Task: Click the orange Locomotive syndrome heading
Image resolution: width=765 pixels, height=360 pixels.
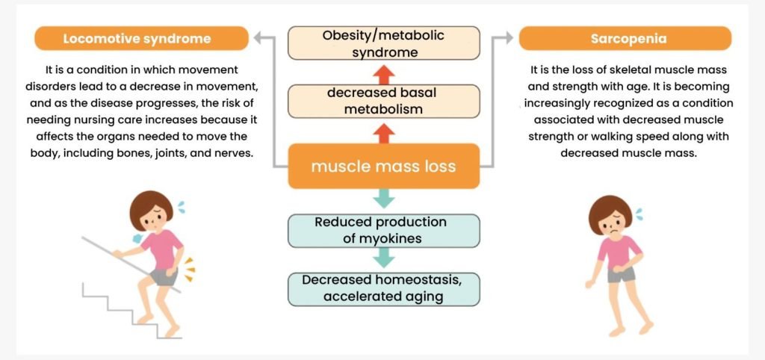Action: click(x=141, y=38)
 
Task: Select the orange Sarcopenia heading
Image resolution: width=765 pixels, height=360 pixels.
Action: click(x=626, y=38)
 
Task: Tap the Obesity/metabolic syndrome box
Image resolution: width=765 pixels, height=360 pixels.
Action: click(x=383, y=44)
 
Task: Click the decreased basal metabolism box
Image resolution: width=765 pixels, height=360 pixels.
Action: click(x=384, y=102)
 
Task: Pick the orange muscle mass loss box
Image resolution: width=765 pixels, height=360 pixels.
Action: click(x=383, y=165)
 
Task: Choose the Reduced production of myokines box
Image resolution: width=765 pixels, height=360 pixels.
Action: click(x=383, y=231)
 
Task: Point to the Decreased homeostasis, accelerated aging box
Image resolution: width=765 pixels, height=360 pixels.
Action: click(x=383, y=289)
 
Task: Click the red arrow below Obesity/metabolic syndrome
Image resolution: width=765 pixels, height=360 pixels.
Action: click(x=383, y=72)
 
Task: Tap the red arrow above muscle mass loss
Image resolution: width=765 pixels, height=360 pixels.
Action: click(x=383, y=132)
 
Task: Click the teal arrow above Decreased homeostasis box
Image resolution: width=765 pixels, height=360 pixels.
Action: click(x=383, y=258)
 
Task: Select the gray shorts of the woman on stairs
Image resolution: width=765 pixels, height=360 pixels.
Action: click(x=162, y=277)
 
